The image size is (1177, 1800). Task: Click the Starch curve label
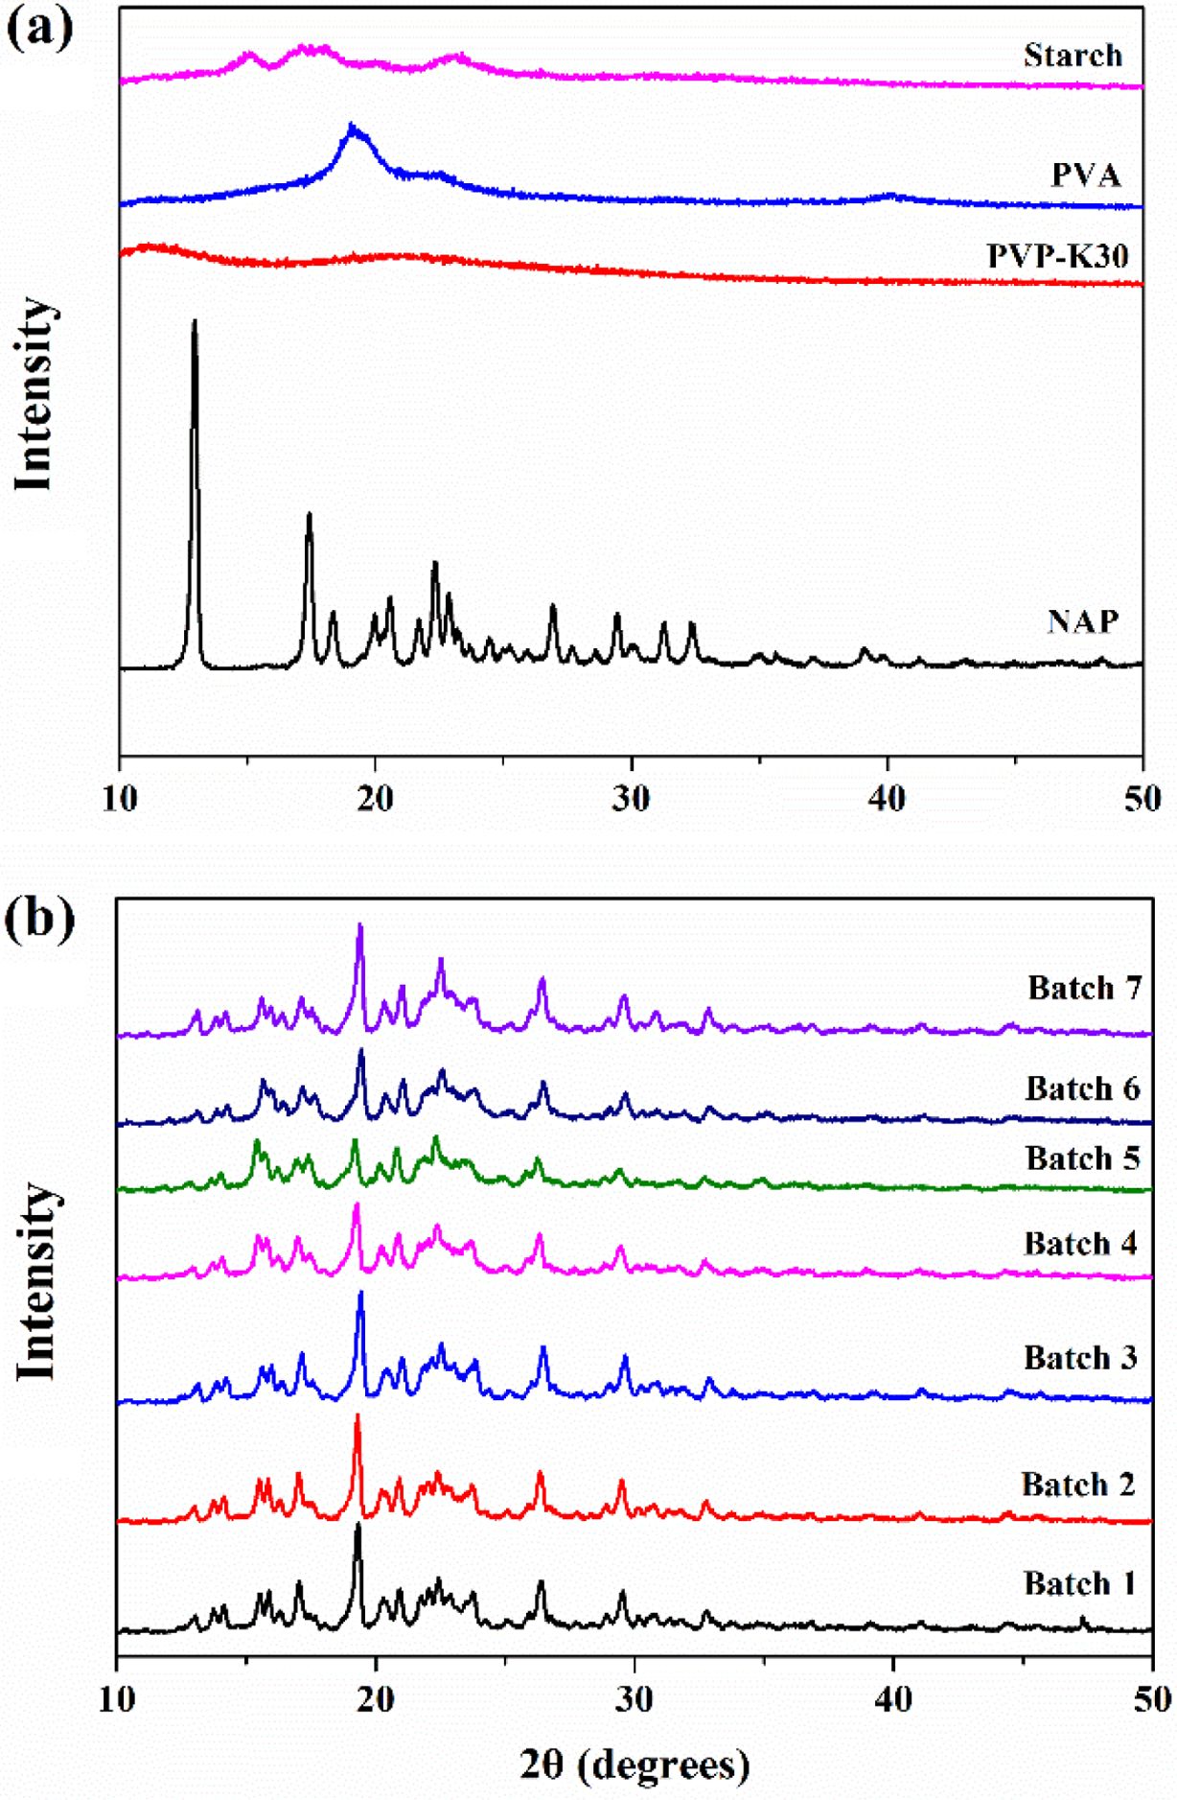1072,56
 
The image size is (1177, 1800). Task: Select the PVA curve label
1085,175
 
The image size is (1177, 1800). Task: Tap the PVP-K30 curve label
1057,256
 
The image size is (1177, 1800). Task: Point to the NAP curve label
1082,621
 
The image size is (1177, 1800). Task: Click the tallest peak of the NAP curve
195,323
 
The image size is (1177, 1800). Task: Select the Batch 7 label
1084,988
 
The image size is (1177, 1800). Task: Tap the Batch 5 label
1082,1158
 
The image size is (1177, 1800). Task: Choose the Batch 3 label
1080,1358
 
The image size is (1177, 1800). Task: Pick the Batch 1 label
1079,1583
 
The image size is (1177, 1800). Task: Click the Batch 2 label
1077,1484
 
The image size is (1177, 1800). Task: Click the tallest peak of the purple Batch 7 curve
360,926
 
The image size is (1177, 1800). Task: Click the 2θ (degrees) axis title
635,1765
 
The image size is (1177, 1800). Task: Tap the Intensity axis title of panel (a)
35,393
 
